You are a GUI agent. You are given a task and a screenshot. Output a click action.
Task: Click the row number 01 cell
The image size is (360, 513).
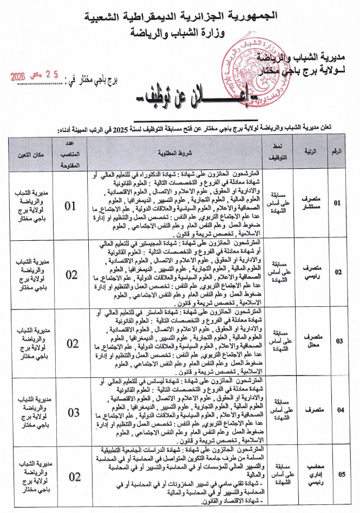338,203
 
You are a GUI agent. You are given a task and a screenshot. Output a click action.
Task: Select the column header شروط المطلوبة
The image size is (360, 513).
175,153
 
